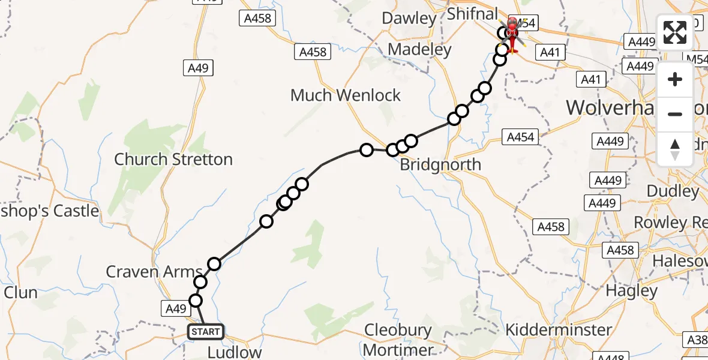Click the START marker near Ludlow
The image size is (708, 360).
206,331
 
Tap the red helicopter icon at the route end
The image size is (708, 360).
512,35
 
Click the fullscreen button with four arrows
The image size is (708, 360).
675,32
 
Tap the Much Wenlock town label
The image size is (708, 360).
345,95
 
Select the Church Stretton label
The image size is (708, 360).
173,159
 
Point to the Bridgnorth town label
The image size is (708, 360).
440,164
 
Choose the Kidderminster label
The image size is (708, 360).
559,329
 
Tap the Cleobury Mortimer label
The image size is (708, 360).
398,340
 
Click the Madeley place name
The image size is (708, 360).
420,49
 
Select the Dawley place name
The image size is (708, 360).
409,18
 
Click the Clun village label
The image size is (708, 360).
20,293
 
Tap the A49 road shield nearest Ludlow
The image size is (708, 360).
175,308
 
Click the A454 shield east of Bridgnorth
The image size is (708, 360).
520,137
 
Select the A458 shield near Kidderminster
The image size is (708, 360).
551,226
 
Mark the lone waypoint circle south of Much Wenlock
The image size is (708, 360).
366,150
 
